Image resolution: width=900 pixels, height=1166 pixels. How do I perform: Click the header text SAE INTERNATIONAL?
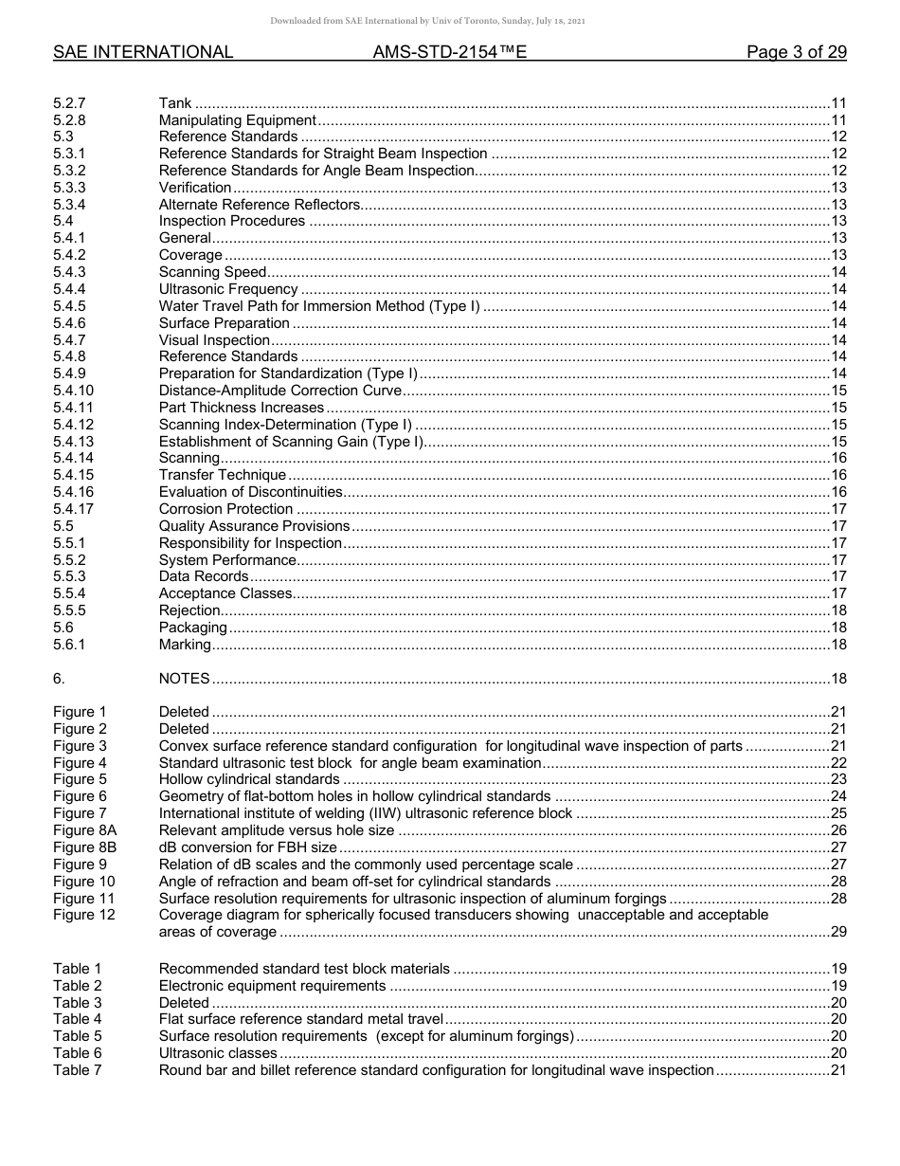coord(143,52)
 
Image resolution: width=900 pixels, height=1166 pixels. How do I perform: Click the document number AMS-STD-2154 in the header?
coord(450,52)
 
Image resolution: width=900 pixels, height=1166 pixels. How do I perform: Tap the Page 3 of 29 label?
coord(796,52)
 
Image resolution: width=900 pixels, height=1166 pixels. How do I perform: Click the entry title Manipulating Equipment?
coord(237,120)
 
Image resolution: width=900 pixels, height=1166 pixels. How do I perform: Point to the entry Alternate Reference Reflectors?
coord(260,205)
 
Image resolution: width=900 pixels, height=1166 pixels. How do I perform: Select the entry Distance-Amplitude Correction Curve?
coord(280,391)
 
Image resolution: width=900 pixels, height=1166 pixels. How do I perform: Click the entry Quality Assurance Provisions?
coord(254,526)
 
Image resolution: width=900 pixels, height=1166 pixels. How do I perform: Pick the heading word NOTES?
coord(184,679)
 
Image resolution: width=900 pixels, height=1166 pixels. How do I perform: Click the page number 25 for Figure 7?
coord(837,813)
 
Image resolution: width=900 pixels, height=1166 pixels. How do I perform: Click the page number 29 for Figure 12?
coord(837,932)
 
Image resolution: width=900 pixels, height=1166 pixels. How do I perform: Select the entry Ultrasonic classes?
coord(218,1053)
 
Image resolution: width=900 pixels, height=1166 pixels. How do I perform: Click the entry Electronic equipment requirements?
coord(272,986)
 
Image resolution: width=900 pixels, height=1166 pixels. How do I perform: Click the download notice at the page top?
coord(428,21)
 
